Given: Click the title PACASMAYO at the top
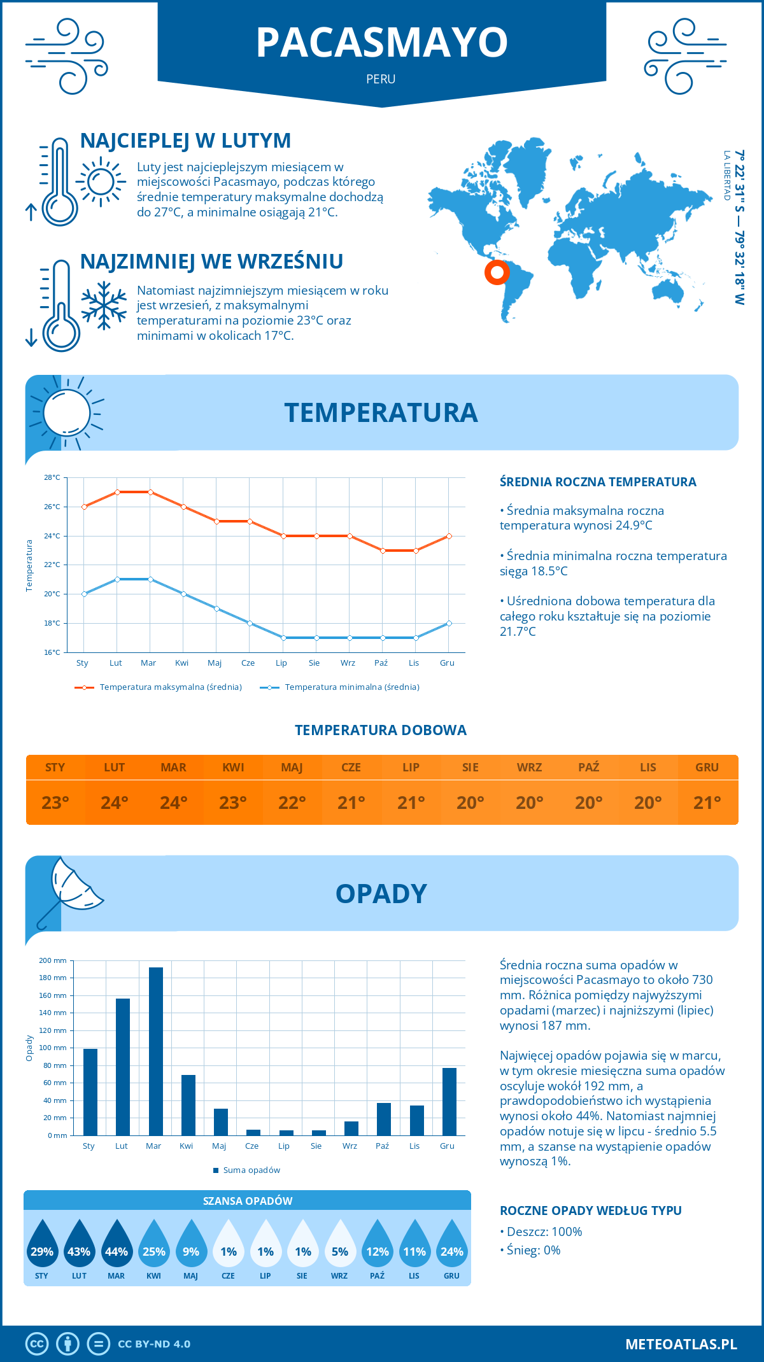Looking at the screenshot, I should click(381, 43).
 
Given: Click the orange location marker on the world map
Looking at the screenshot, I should click(497, 272).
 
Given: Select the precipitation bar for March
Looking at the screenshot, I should click(155, 1051).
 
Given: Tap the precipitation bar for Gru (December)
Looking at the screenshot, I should click(449, 1101).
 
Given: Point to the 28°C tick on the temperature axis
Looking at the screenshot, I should click(52, 477).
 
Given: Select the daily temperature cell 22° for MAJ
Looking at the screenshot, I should click(292, 803).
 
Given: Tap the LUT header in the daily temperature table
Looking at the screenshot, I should click(115, 768).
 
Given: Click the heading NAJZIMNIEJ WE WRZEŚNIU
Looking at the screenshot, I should click(211, 262).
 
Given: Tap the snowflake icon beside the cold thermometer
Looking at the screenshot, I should click(104, 305).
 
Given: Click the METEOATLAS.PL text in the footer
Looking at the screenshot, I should click(681, 1344).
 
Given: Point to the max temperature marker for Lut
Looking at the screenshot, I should click(117, 492).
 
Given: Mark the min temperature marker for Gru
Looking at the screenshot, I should click(449, 623).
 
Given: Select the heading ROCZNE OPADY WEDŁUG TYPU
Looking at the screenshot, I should click(590, 1211).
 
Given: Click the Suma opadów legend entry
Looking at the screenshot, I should click(251, 1170).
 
